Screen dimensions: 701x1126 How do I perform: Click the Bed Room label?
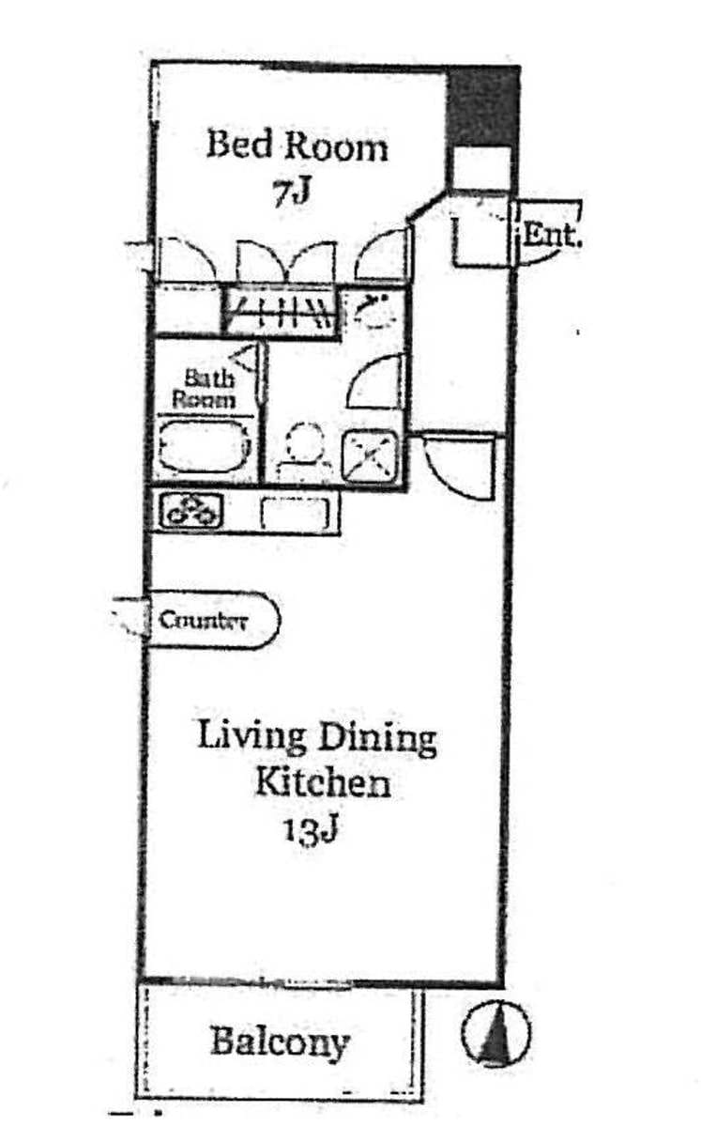[297, 146]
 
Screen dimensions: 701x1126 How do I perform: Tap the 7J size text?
[292, 192]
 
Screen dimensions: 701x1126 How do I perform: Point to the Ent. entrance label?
[551, 235]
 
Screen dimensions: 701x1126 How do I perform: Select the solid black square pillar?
[482, 106]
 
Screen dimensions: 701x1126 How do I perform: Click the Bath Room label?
[206, 389]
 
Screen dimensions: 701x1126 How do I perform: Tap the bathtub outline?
[205, 445]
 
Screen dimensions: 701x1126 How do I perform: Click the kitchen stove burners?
[192, 511]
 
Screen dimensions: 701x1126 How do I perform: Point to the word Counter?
[203, 620]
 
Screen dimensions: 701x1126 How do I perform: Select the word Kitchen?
[323, 782]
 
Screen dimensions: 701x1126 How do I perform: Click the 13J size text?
[311, 831]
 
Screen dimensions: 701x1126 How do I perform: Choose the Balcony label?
[280, 1042]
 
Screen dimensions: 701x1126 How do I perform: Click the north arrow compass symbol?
[495, 1033]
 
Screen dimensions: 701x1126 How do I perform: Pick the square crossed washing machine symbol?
[371, 455]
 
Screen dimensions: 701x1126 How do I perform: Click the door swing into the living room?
[459, 464]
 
